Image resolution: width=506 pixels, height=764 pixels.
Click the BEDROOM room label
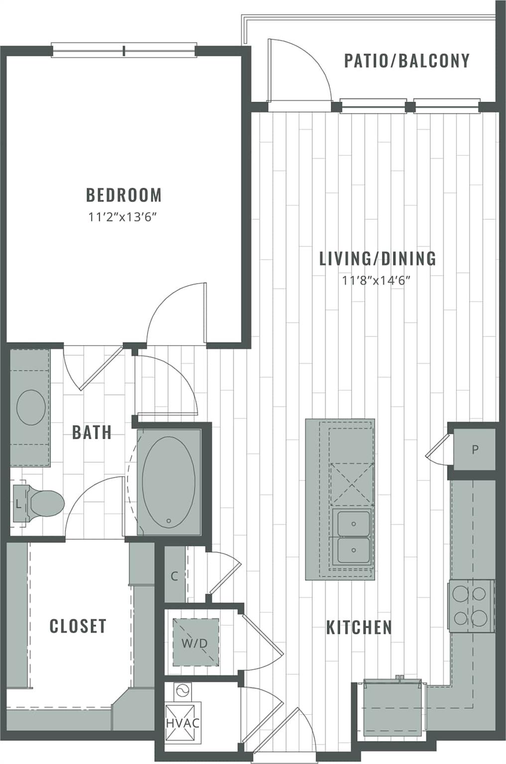[x=124, y=195]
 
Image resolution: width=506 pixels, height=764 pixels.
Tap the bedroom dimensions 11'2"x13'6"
[x=124, y=217]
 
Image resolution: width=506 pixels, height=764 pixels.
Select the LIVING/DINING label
[x=377, y=259]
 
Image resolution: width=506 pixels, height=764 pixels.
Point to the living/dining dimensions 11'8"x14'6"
[x=376, y=281]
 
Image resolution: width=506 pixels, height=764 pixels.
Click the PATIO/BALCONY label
[x=407, y=61]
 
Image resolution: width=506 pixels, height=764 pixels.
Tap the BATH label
[x=92, y=432]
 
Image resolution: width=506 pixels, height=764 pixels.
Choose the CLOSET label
[x=78, y=626]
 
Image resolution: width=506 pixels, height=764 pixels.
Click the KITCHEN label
[x=359, y=628]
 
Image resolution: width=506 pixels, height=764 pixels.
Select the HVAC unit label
[x=183, y=723]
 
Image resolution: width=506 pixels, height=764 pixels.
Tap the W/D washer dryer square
[x=195, y=643]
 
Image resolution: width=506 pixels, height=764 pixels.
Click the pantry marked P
[x=475, y=450]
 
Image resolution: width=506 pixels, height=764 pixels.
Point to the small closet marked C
[x=174, y=576]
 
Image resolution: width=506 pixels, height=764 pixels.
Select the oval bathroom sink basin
[x=31, y=407]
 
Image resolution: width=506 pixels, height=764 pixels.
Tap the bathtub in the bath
[x=168, y=479]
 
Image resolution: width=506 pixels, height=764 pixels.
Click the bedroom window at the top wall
[x=124, y=50]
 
